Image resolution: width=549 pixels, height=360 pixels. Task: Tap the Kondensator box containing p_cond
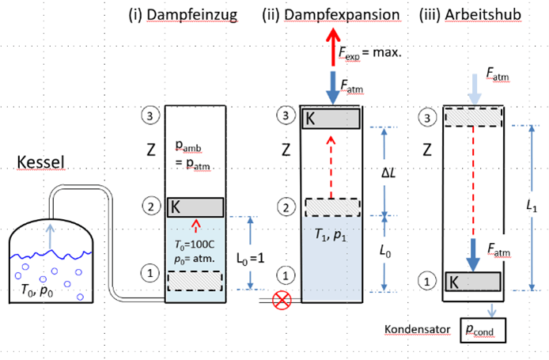click(x=481, y=328)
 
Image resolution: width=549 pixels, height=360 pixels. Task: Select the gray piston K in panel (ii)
click(x=332, y=118)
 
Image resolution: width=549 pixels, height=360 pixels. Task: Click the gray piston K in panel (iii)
click(x=471, y=281)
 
